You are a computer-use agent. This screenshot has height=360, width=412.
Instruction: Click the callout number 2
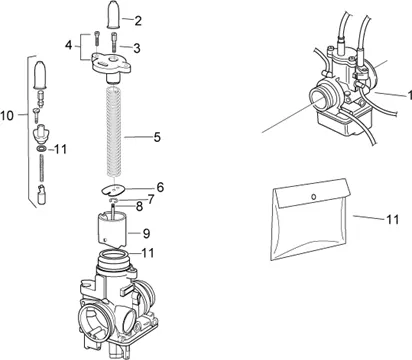click(138, 21)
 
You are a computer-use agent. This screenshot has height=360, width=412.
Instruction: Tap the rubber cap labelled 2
click(114, 14)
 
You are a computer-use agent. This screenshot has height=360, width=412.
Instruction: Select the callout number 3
click(137, 48)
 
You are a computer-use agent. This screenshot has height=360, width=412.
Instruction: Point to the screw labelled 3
click(114, 41)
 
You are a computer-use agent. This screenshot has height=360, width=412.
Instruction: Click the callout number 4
click(68, 45)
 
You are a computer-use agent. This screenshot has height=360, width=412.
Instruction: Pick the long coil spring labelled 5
click(114, 132)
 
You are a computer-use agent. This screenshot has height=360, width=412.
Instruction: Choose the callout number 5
click(157, 137)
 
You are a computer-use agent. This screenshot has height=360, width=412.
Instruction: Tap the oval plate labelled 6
click(113, 189)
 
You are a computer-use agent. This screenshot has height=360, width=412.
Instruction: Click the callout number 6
click(160, 187)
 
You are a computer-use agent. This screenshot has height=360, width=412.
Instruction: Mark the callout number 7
click(151, 199)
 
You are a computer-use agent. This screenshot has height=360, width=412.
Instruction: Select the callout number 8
click(139, 207)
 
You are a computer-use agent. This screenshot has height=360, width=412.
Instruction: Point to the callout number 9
click(146, 233)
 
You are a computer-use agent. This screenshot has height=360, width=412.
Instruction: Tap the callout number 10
click(7, 116)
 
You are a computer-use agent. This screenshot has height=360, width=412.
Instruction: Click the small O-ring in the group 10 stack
click(42, 149)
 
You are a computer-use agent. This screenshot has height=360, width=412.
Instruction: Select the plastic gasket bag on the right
click(311, 219)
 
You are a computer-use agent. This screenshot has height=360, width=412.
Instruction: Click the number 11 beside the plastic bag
click(393, 219)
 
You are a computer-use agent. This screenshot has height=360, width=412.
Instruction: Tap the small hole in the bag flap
click(313, 197)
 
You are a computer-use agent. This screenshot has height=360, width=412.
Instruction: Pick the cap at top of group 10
click(40, 75)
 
